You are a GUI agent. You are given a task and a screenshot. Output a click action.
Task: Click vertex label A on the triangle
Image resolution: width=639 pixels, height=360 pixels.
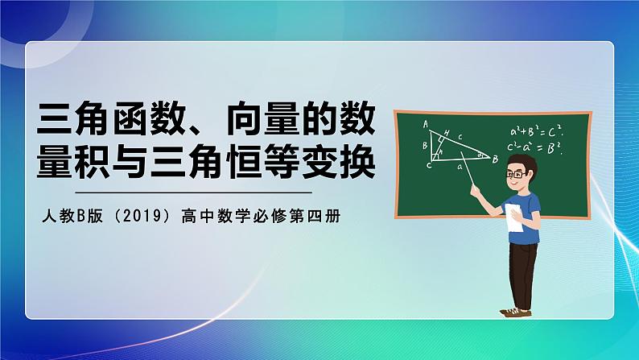click(x=426, y=123)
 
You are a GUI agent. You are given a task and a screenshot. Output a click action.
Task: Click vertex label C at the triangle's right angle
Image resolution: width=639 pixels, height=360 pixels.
click(x=428, y=164)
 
